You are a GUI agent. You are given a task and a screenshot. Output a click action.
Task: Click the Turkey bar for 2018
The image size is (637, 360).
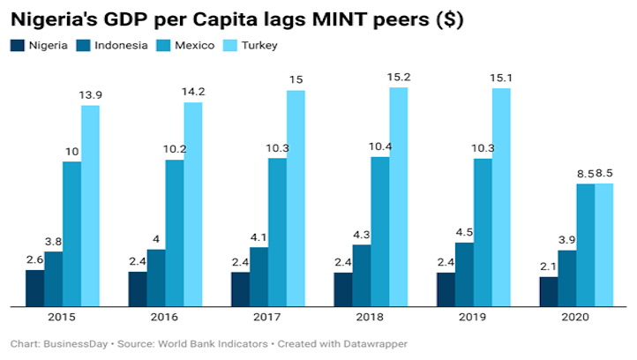pos(399,197)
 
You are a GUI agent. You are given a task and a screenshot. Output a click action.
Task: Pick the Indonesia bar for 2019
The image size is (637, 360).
pos(464,274)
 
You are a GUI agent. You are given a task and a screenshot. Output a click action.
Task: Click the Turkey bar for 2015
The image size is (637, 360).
pos(90,206)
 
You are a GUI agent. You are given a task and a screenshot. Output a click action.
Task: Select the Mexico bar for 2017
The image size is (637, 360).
pos(277,232)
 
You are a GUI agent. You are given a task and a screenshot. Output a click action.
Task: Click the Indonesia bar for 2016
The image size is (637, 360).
pos(155,278)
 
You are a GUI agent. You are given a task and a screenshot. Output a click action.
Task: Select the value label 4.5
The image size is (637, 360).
pos(464,234)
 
